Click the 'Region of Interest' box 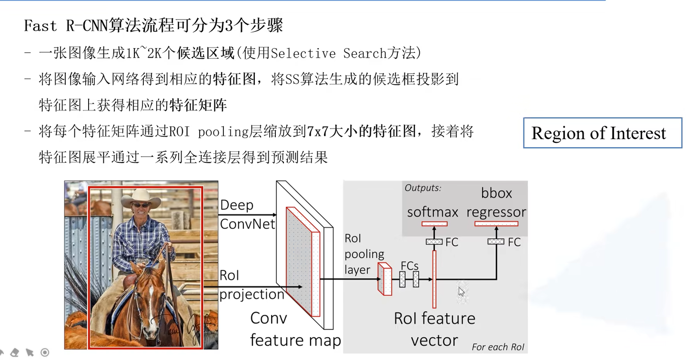point(603,133)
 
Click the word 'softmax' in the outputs point(433,212)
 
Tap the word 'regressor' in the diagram point(496,212)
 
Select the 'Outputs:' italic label point(423,188)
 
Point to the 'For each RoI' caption point(498,347)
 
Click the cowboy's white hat point(141,198)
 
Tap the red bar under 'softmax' point(434,224)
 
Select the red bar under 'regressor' point(496,224)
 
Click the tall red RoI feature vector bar point(434,279)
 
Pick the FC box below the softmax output point(434,242)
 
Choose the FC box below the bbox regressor point(496,242)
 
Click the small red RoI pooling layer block point(385,279)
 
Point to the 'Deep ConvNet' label point(247,215)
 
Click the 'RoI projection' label point(252,285)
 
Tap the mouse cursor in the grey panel point(461,292)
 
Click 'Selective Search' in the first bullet point(329,53)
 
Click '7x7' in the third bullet point(318,131)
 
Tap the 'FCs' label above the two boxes point(410,266)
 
